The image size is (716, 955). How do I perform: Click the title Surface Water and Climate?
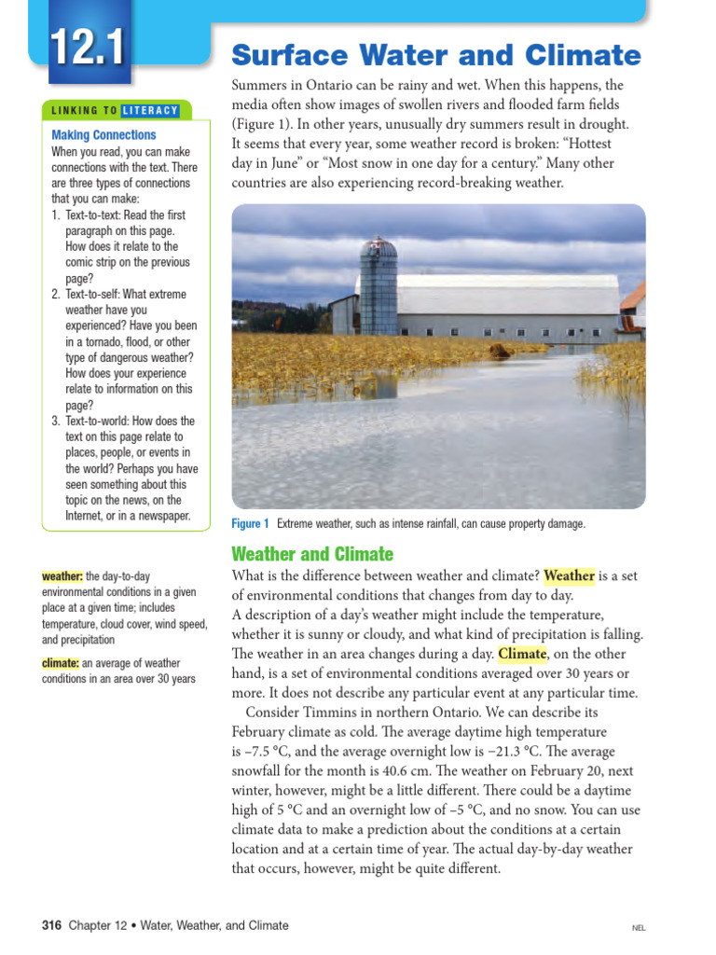pyautogui.click(x=435, y=55)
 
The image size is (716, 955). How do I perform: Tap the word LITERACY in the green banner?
pyautogui.click(x=151, y=111)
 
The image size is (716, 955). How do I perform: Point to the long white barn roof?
pyautogui.click(x=508, y=294)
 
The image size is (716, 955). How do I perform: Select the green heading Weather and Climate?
pyautogui.click(x=312, y=554)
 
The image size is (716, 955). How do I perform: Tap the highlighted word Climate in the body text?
pyautogui.click(x=522, y=654)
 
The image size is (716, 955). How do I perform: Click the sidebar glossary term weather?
pyautogui.click(x=62, y=577)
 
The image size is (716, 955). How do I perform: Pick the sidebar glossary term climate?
pyautogui.click(x=61, y=663)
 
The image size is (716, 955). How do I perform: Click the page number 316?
pyautogui.click(x=52, y=925)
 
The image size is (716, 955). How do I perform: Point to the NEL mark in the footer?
pyautogui.click(x=639, y=928)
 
